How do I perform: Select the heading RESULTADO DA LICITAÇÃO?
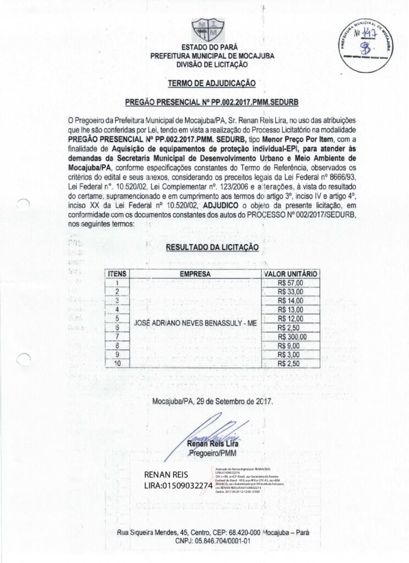[x=212, y=248]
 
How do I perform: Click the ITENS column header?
[x=117, y=274]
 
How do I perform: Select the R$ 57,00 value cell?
[x=290, y=283]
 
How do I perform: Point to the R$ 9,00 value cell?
[x=290, y=346]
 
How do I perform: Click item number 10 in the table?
[x=117, y=363]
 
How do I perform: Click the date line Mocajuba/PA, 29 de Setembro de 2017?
[x=212, y=401]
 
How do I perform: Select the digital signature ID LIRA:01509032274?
[x=178, y=486]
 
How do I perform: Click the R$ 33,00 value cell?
[x=290, y=291]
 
